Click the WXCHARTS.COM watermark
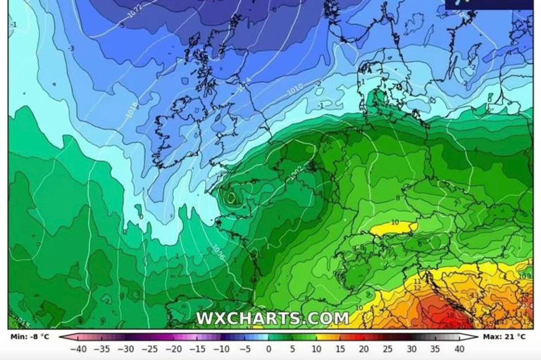[x=272, y=318]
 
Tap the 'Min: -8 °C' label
[x=30, y=337]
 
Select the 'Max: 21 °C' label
[x=504, y=337]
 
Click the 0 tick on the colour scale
[x=268, y=349]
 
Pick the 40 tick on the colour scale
[x=459, y=349]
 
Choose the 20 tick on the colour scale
[x=363, y=349]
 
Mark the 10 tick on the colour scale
[x=316, y=349]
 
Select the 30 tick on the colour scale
[x=411, y=349]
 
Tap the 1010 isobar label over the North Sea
[x=295, y=91]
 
